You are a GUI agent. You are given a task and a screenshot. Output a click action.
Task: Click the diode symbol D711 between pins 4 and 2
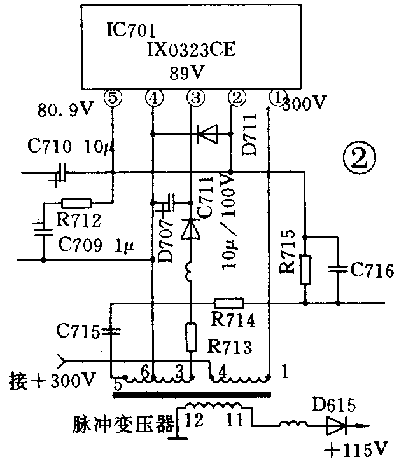[206, 133]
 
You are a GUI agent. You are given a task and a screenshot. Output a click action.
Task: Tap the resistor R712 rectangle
[76, 203]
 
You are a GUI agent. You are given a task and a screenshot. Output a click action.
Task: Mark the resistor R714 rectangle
[228, 303]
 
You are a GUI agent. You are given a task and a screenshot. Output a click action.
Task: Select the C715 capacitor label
[77, 331]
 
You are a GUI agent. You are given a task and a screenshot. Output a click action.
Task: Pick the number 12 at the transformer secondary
[194, 419]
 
